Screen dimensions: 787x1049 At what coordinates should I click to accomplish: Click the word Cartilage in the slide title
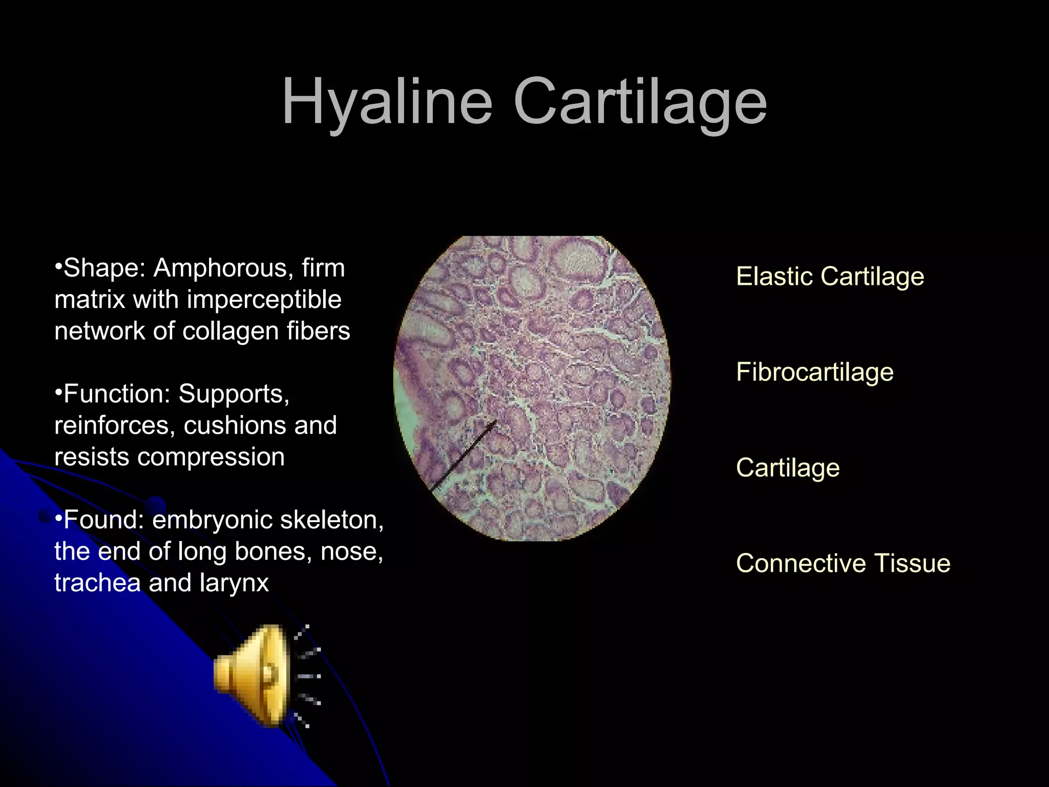(640, 102)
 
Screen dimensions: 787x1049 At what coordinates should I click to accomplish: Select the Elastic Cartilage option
(830, 277)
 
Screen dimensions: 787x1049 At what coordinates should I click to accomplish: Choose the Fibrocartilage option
(814, 372)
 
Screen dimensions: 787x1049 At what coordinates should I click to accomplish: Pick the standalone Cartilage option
(788, 468)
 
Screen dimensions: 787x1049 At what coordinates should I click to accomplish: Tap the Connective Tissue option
(843, 563)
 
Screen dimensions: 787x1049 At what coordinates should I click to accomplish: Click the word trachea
(97, 583)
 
